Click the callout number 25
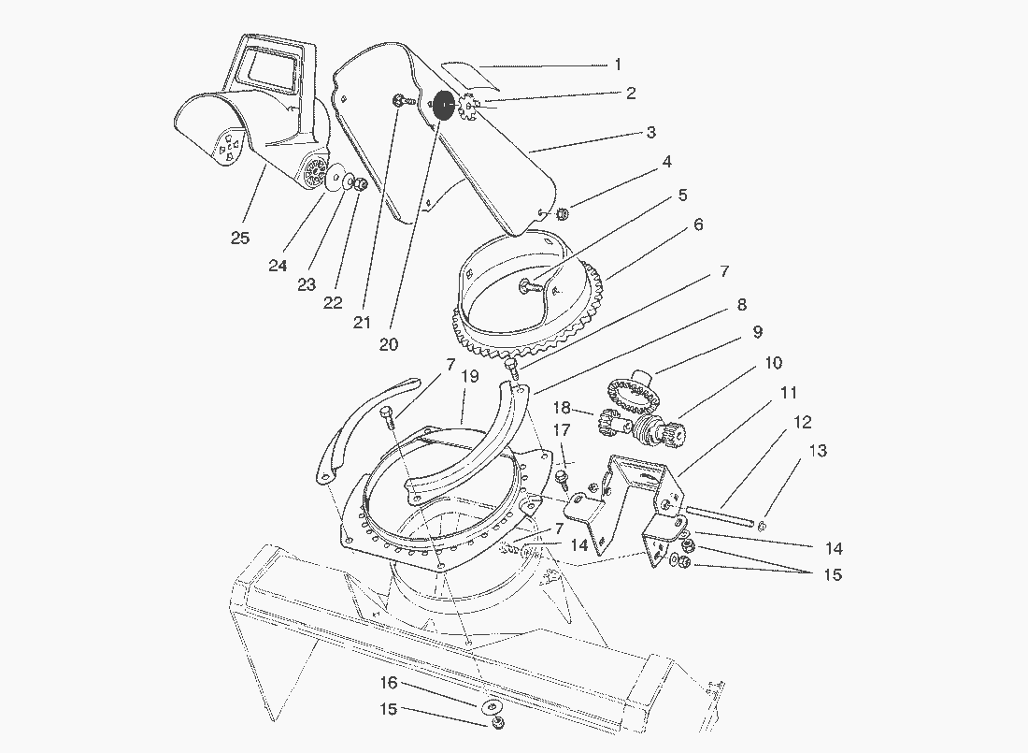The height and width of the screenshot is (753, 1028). click(240, 238)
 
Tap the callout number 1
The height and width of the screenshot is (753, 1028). click(618, 65)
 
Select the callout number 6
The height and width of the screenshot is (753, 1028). click(698, 225)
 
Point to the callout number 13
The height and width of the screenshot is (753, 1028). click(818, 451)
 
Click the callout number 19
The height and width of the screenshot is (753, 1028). click(470, 376)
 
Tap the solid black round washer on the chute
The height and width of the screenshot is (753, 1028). click(444, 106)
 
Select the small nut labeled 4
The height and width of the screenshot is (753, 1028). click(563, 215)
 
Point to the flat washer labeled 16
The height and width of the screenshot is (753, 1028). click(491, 706)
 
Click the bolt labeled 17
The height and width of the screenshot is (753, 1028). click(562, 477)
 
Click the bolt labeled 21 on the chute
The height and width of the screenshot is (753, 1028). click(399, 101)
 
